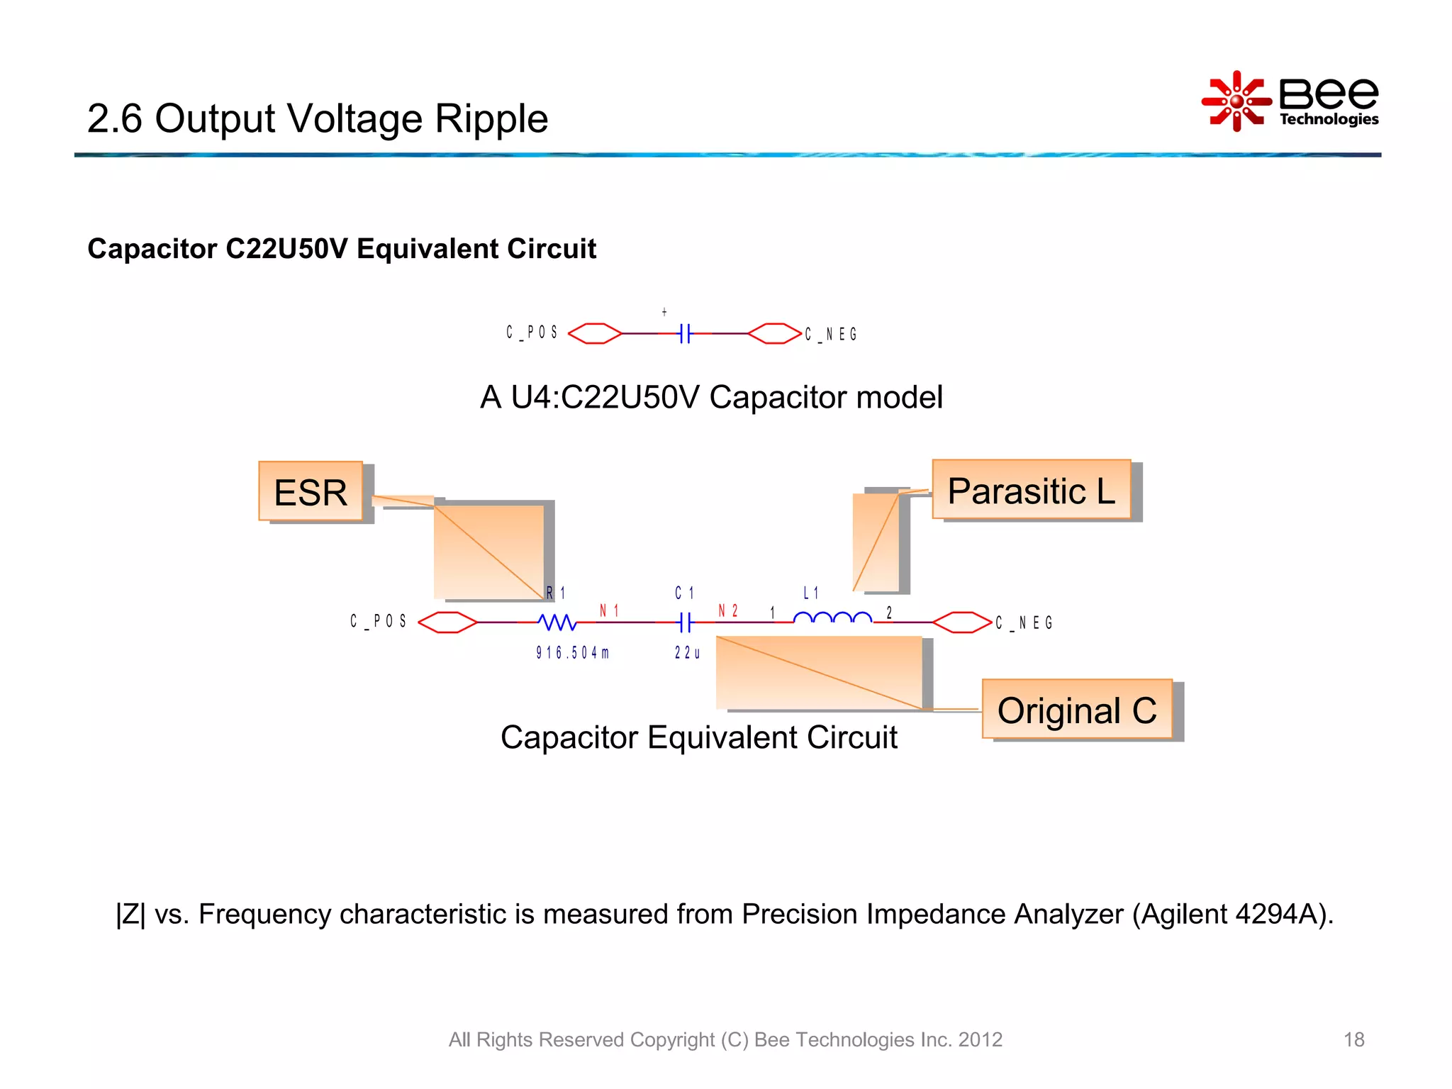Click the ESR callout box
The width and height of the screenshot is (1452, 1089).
click(x=311, y=491)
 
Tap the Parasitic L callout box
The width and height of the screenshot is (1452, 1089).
click(x=1031, y=490)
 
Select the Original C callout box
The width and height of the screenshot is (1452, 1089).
click(x=1076, y=710)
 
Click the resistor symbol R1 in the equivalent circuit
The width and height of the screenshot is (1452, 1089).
click(x=557, y=622)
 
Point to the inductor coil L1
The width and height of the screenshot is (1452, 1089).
click(x=832, y=618)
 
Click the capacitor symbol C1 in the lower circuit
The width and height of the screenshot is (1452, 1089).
click(x=685, y=622)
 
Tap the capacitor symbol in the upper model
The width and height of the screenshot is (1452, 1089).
click(x=684, y=333)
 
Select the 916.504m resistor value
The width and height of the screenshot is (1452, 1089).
click(x=572, y=653)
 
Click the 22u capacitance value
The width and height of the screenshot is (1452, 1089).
click(x=687, y=653)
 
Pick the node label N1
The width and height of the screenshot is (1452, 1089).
click(x=609, y=610)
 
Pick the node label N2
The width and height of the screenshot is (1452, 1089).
click(x=728, y=610)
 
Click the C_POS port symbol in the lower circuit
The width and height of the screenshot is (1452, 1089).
click(x=447, y=622)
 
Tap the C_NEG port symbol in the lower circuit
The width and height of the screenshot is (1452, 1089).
click(x=961, y=622)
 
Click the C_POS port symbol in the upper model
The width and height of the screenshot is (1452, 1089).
click(x=595, y=333)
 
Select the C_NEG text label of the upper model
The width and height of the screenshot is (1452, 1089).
click(x=831, y=334)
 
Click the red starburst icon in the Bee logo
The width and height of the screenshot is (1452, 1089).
click(x=1236, y=101)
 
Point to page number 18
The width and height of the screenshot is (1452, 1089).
click(x=1353, y=1039)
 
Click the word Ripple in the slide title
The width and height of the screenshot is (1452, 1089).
click(x=491, y=118)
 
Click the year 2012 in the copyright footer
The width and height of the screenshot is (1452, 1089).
click(x=980, y=1039)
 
